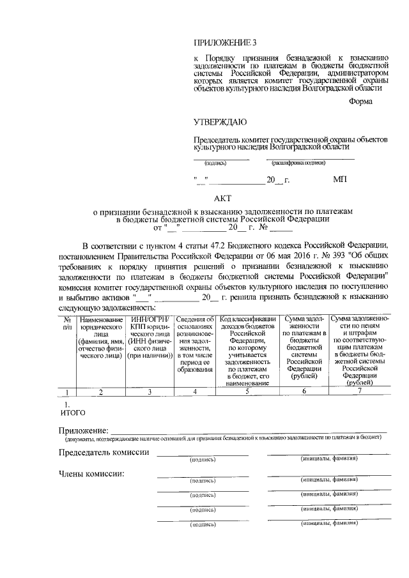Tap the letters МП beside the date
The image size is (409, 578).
(x=340, y=179)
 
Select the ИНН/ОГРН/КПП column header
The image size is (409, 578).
(x=150, y=336)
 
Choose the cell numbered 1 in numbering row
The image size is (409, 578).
(x=67, y=392)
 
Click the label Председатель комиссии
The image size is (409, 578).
(x=104, y=452)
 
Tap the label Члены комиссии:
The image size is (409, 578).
(x=91, y=473)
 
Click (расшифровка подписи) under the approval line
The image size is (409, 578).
(x=297, y=164)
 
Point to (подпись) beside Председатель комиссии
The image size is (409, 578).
(x=203, y=459)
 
